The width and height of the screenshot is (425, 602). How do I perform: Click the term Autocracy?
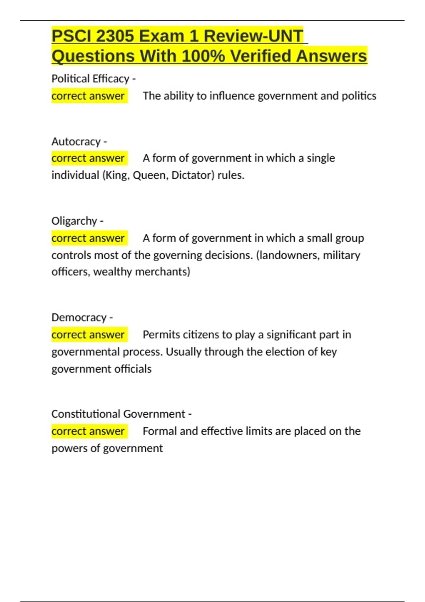76,142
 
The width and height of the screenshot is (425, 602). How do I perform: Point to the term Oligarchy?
74,221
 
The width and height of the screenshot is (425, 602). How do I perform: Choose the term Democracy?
79,317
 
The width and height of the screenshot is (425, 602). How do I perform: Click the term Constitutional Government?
118,414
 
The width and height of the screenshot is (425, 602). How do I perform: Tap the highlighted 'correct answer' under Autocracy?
88,158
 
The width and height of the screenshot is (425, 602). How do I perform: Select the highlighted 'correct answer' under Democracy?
88,335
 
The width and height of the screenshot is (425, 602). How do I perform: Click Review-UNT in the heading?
254,36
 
